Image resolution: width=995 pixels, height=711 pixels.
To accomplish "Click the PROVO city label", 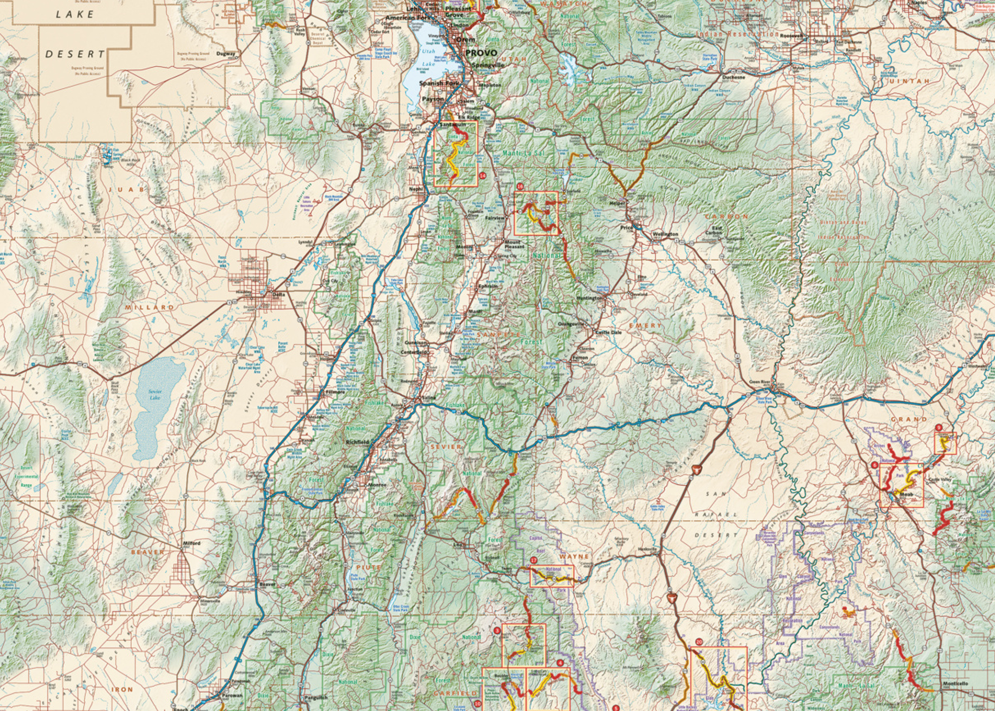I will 481,53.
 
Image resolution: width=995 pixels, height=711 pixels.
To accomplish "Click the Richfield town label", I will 357,442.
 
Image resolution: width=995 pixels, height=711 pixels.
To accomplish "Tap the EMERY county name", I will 645,326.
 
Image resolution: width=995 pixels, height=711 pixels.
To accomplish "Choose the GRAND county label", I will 909,419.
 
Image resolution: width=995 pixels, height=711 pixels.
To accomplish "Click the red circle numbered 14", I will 482,175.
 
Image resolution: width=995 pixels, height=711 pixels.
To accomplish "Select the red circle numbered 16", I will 520,187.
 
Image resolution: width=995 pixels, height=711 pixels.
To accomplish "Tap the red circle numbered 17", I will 534,560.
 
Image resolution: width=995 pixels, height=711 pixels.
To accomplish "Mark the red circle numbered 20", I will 699,642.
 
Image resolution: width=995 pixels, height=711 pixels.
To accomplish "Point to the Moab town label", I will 906,494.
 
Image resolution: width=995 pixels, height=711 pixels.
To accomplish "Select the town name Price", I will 626,228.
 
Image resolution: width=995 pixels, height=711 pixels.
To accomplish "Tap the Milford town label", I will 192,543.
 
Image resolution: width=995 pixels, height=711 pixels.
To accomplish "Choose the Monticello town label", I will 955,684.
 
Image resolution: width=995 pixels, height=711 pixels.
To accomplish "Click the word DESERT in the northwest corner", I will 75,54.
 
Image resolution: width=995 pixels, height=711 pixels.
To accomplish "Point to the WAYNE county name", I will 574,556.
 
